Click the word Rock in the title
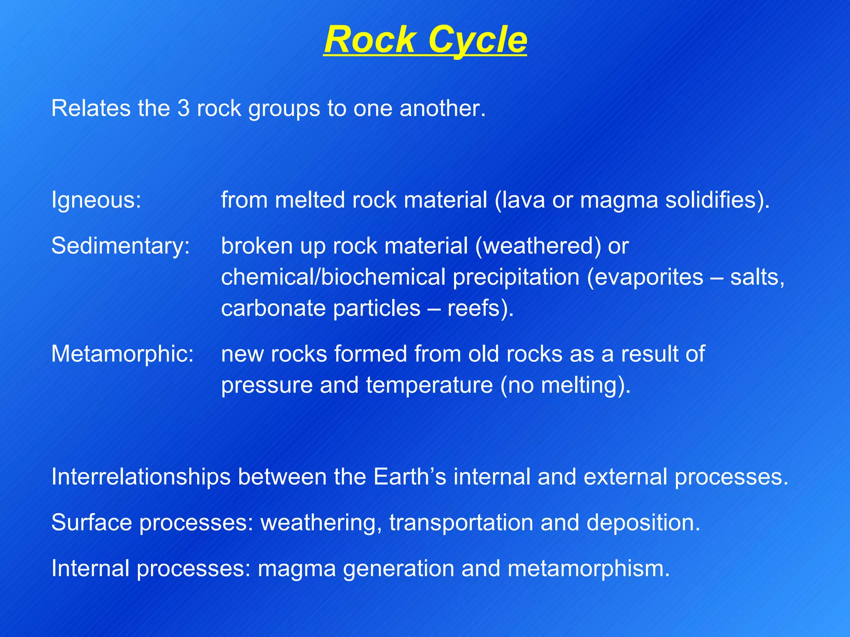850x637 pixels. [x=369, y=40]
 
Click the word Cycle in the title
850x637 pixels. [x=477, y=40]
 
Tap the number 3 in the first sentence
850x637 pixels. [x=183, y=109]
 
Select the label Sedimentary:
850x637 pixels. [x=120, y=246]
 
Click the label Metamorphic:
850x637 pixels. [x=122, y=354]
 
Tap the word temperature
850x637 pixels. [x=429, y=385]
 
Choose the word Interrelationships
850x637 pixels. [x=141, y=477]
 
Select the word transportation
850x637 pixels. [x=461, y=523]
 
